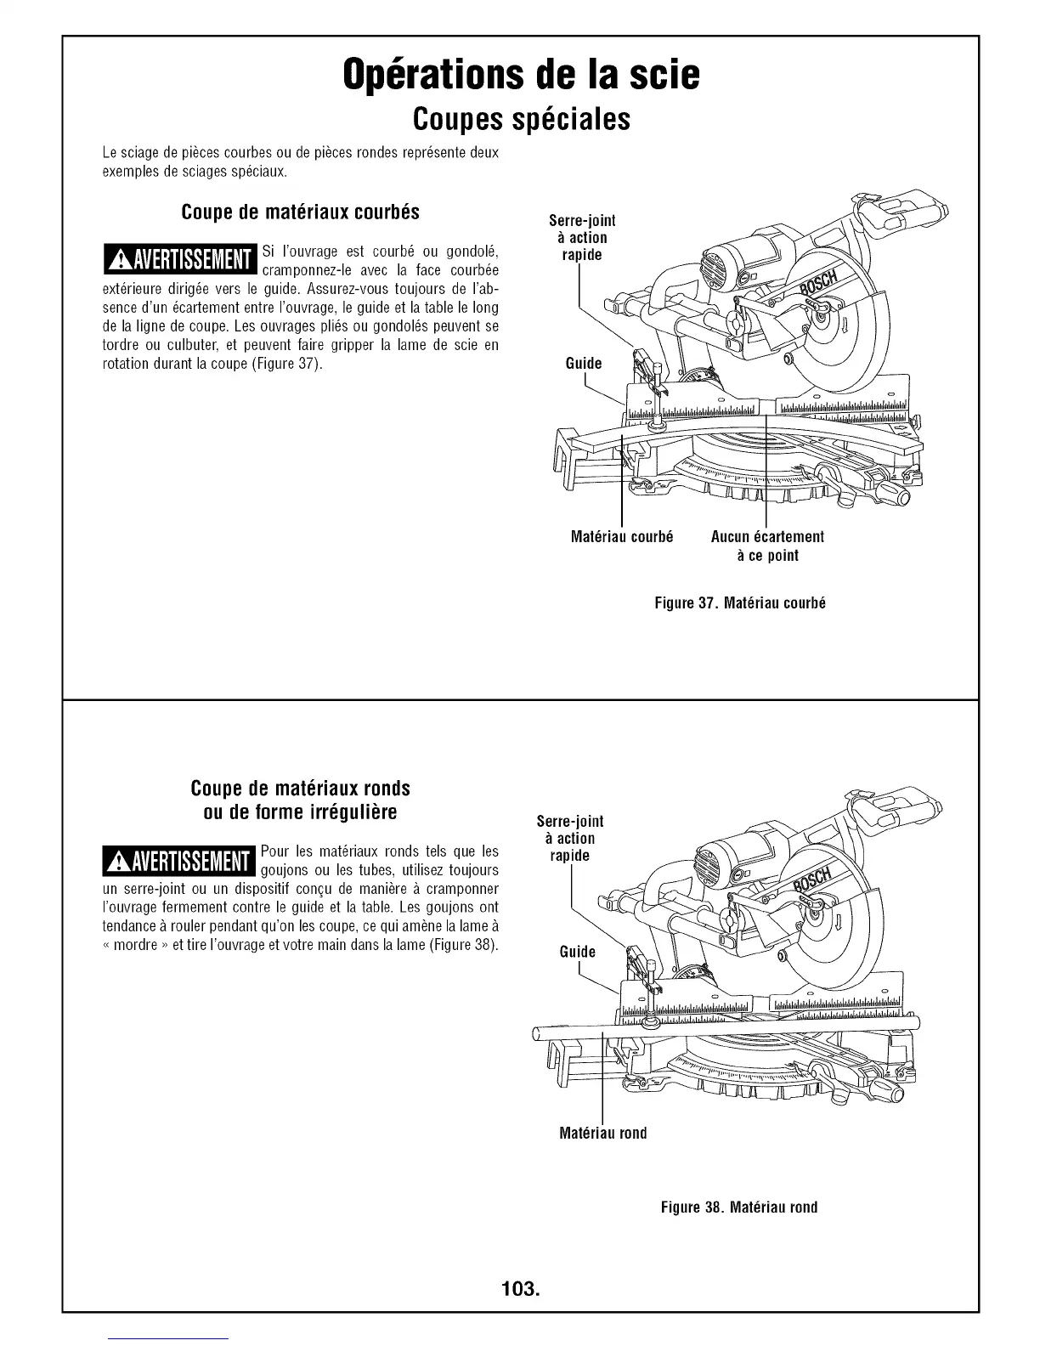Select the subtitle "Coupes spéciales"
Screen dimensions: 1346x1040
[x=520, y=120]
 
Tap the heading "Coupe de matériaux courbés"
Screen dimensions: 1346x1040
[x=300, y=212]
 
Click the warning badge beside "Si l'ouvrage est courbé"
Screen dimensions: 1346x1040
[x=179, y=260]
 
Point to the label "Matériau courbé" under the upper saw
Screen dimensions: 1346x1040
[x=622, y=537]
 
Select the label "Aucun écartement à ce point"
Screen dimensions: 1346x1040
[x=766, y=546]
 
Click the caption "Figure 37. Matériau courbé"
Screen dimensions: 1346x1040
[x=740, y=603]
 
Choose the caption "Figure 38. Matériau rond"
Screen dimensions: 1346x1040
[x=739, y=1207]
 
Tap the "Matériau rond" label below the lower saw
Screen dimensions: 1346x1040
[x=603, y=1133]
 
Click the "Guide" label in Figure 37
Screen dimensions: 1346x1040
[x=583, y=364]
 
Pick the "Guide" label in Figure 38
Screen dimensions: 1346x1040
[x=577, y=952]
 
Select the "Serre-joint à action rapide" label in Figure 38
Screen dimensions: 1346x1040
[x=570, y=839]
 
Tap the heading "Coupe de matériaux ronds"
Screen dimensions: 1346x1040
[x=300, y=788]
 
